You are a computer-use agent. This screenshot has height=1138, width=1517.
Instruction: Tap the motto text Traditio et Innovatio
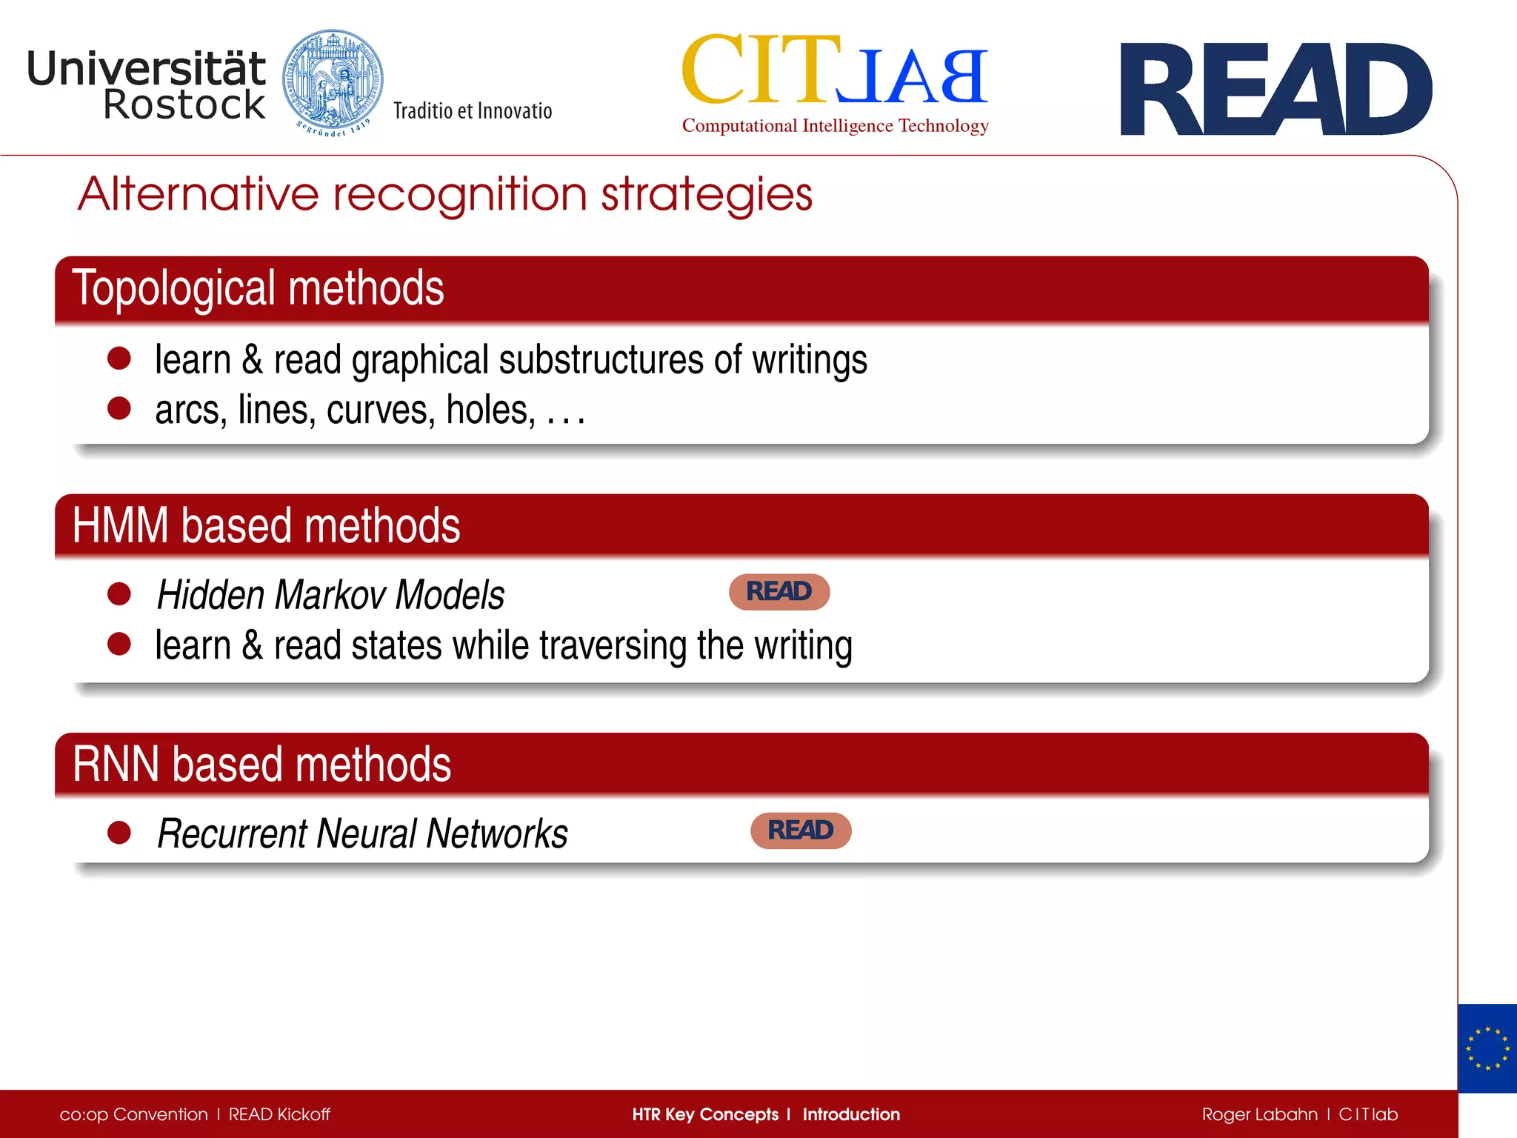[x=473, y=111]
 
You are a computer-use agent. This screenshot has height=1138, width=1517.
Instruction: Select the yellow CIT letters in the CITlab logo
[x=760, y=70]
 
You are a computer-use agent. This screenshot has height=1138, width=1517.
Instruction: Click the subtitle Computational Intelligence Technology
[x=835, y=126]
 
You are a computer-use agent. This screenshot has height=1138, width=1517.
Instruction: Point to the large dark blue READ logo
[x=1276, y=90]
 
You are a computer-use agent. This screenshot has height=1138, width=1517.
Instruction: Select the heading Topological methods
[x=258, y=288]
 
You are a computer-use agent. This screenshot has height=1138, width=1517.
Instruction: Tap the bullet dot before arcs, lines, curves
[x=119, y=408]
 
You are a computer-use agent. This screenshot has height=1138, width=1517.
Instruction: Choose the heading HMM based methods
[x=266, y=526]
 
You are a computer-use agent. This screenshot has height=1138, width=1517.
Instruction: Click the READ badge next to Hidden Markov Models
[x=778, y=592]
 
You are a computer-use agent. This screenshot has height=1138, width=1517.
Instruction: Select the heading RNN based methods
[x=261, y=765]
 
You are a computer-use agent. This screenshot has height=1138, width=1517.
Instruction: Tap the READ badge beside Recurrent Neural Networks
[x=800, y=831]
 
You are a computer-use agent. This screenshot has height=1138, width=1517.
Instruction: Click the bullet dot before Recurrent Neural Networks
[x=119, y=833]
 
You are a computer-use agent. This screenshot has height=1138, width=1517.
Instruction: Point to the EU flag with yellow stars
[x=1487, y=1048]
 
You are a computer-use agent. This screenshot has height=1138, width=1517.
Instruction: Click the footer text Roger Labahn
[x=1259, y=1114]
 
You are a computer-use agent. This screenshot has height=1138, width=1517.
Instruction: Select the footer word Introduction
[x=851, y=1114]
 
